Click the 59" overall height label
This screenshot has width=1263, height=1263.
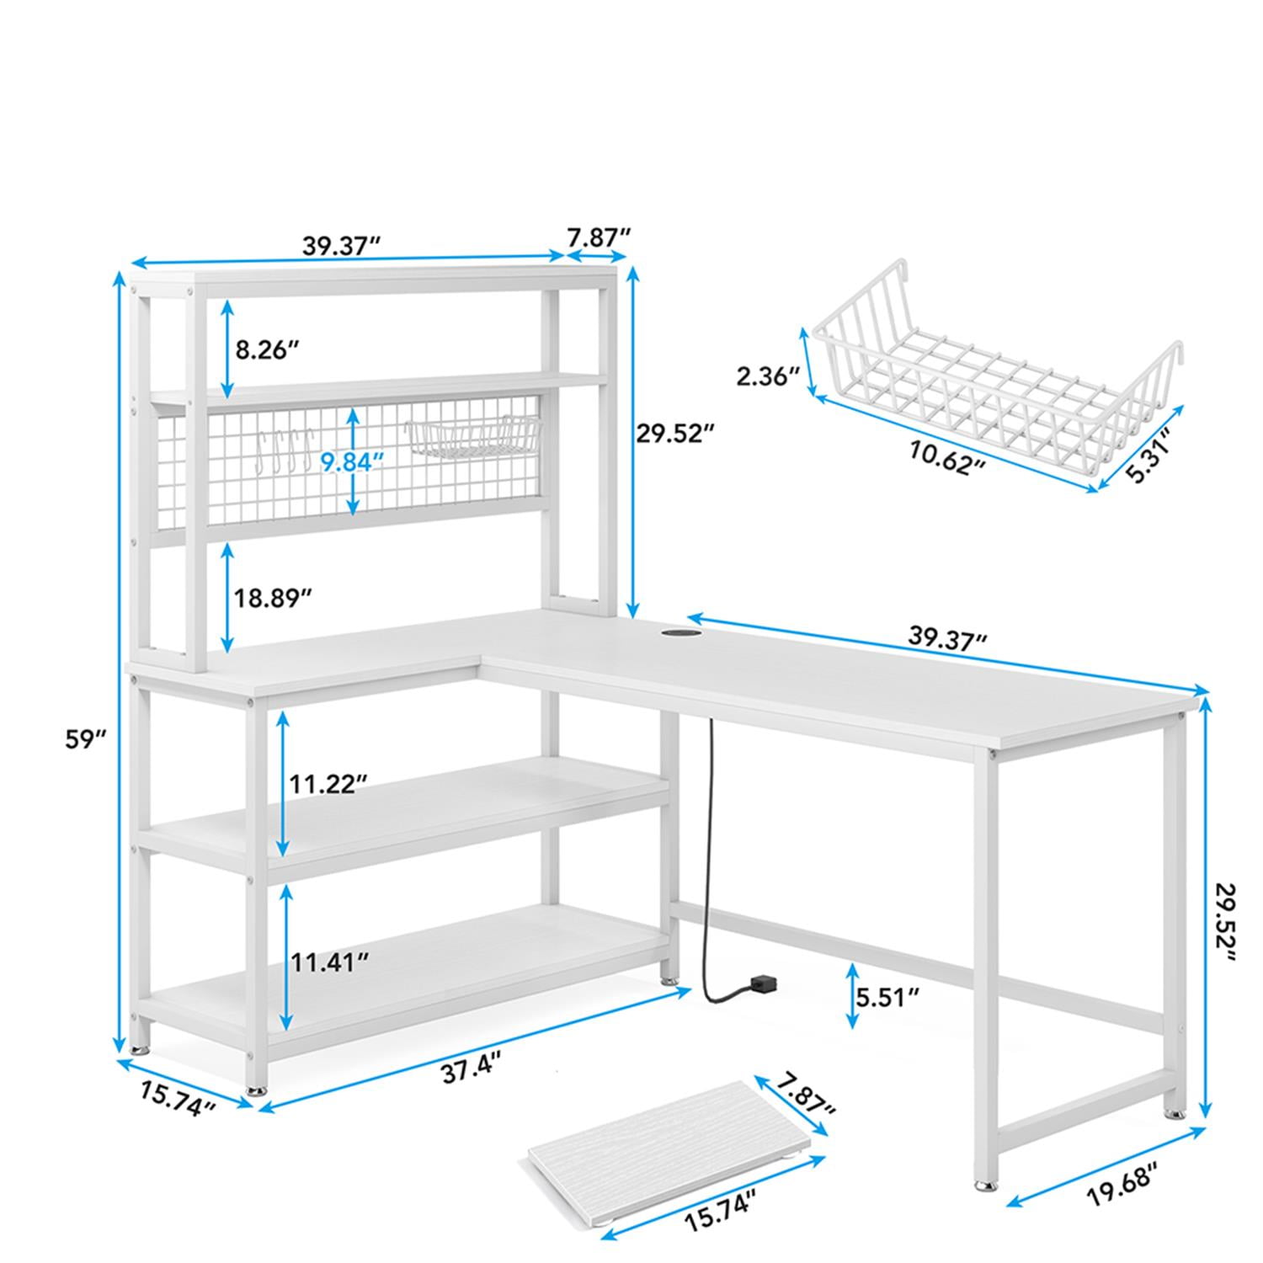click(x=86, y=738)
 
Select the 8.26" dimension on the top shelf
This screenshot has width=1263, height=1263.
click(x=268, y=349)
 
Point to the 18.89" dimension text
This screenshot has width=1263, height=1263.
click(x=273, y=598)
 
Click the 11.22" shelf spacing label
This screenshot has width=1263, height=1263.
click(x=329, y=784)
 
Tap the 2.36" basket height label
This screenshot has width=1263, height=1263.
click(x=767, y=376)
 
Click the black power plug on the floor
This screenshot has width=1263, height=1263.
click(x=765, y=983)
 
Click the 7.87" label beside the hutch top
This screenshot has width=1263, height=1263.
click(x=598, y=237)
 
